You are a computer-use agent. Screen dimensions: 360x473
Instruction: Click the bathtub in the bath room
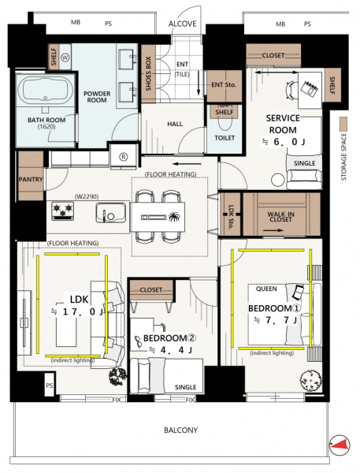click(45, 90)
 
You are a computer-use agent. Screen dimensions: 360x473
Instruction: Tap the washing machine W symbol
click(65, 58)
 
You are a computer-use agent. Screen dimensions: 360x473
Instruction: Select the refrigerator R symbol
click(124, 157)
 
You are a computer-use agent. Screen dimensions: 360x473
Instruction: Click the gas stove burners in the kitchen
click(63, 210)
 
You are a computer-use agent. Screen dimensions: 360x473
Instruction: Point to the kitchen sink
click(111, 213)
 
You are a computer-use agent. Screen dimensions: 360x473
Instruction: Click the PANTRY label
click(31, 180)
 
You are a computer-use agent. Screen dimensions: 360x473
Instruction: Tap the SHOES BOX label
click(148, 73)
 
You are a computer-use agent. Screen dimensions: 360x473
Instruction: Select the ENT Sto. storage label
click(224, 85)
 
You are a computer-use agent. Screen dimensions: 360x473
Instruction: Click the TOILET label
click(225, 138)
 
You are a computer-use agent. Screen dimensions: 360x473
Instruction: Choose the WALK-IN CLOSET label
click(280, 217)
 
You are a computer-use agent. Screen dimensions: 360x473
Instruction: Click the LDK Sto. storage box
click(231, 214)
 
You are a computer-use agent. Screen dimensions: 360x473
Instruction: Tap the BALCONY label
click(181, 430)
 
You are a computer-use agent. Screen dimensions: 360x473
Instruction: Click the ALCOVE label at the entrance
click(183, 24)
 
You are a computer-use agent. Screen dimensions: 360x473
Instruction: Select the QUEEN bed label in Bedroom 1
click(266, 289)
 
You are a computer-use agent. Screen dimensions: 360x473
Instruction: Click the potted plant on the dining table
click(174, 217)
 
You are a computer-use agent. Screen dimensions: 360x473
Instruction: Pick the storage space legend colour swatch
click(343, 124)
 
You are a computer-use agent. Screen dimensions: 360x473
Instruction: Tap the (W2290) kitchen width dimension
click(87, 196)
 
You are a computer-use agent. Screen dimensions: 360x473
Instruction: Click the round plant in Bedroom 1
click(310, 381)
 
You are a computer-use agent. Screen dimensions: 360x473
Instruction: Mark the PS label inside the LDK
click(50, 385)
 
